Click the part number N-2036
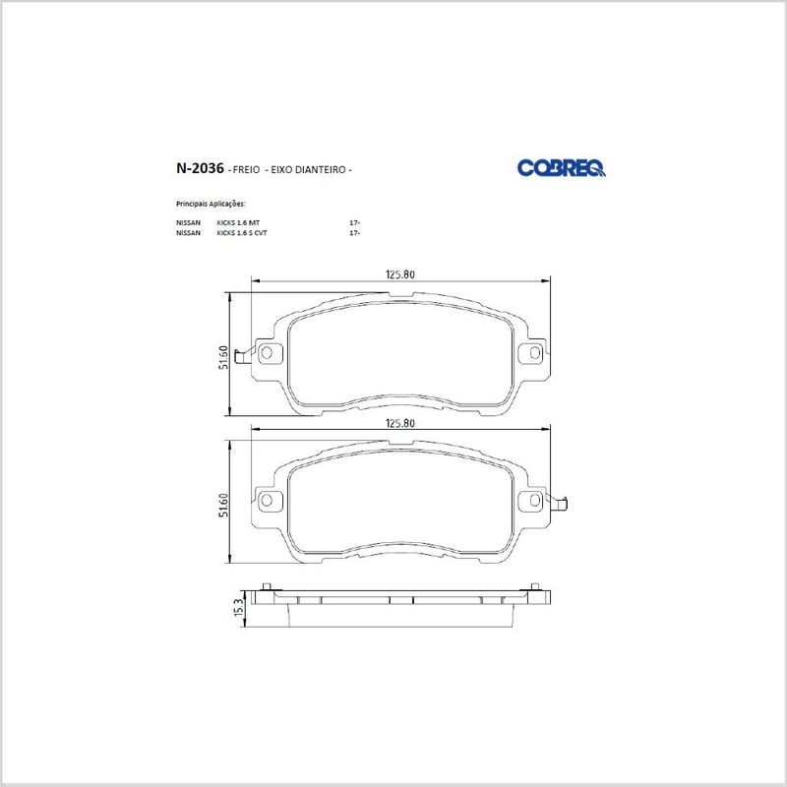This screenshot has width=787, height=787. (x=200, y=168)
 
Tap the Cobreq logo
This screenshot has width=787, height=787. (x=561, y=168)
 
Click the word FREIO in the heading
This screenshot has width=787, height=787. (x=247, y=170)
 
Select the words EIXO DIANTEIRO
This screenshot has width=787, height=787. (x=308, y=170)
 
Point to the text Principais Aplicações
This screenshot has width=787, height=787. (x=211, y=205)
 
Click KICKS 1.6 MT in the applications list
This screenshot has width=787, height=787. (x=238, y=222)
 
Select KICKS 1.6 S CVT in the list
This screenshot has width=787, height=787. (x=241, y=233)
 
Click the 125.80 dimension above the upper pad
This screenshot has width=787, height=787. (x=400, y=274)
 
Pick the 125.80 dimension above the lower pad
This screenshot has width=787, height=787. (x=400, y=423)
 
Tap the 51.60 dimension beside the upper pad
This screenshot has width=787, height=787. (x=224, y=357)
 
